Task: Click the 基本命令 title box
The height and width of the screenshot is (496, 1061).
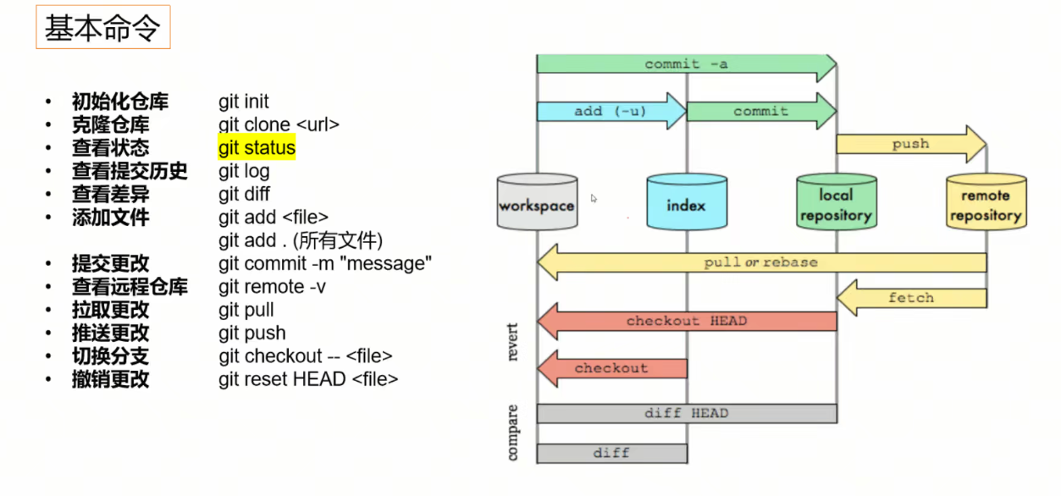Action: click(x=102, y=30)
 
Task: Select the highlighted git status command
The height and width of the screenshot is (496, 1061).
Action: click(x=257, y=148)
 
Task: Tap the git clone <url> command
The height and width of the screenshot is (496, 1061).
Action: click(x=279, y=124)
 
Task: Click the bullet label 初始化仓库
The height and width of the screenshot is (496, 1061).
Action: click(x=119, y=102)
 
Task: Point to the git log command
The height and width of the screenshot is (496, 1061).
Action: click(x=244, y=171)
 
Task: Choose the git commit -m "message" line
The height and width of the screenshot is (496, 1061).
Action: click(x=325, y=263)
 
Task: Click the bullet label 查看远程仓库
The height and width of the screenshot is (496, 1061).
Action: click(x=130, y=286)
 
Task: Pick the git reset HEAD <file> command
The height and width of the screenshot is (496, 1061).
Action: click(x=308, y=378)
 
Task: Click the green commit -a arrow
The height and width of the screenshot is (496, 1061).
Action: click(x=686, y=64)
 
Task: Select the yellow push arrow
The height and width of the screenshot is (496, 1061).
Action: click(x=910, y=144)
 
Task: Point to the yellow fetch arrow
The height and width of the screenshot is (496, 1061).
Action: click(x=911, y=298)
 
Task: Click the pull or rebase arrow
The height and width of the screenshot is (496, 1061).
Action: click(x=761, y=262)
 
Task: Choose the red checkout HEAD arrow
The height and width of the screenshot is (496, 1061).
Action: click(x=687, y=322)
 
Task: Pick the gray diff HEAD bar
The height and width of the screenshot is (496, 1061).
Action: click(x=686, y=413)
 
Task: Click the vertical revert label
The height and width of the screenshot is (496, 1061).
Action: click(x=513, y=341)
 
